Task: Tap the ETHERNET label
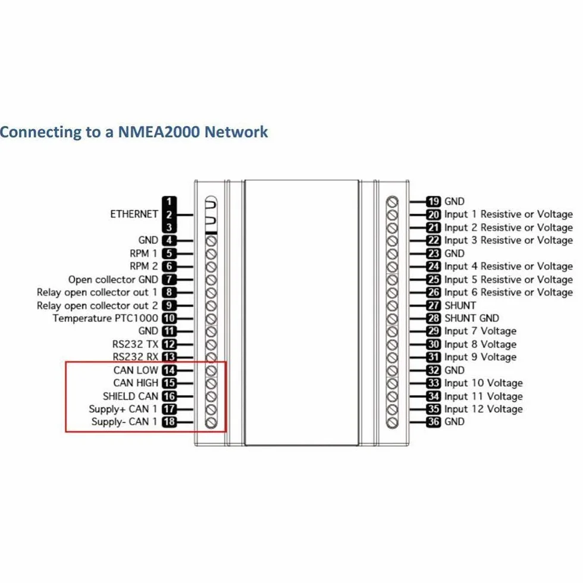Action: click(134, 214)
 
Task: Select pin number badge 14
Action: click(169, 370)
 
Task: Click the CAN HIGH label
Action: click(136, 383)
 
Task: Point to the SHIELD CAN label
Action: click(130, 396)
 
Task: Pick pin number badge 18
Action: click(169, 422)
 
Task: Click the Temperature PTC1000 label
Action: click(106, 319)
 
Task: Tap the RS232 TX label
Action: click(136, 344)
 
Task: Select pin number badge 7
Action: click(169, 280)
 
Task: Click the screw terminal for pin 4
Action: click(211, 241)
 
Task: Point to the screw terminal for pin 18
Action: click(211, 422)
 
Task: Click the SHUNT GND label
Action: click(472, 318)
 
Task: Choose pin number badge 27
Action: click(434, 306)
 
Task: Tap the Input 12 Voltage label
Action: click(484, 409)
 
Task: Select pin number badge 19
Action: click(434, 202)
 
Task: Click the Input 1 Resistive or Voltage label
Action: click(509, 215)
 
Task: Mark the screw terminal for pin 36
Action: click(392, 422)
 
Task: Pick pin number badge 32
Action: click(434, 370)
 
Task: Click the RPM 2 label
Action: click(144, 267)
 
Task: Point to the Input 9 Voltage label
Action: click(481, 358)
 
